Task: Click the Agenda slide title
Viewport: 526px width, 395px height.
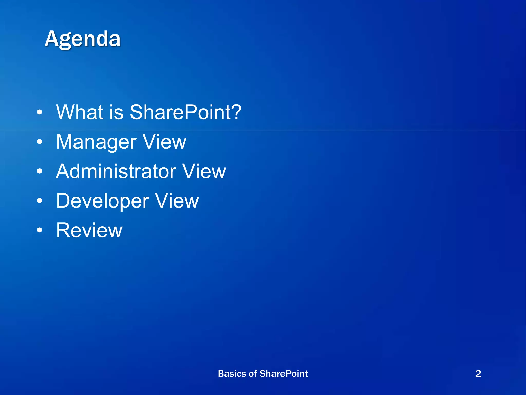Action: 83,39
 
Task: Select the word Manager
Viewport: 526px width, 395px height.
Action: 96,142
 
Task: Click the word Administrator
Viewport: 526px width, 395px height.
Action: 116,171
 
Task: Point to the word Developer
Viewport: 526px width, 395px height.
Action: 102,201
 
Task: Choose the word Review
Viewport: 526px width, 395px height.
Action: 89,230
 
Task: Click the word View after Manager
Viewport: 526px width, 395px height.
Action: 164,142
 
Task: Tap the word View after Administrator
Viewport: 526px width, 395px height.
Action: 204,171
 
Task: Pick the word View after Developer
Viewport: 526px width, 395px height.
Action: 177,201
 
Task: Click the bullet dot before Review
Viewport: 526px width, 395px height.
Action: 39,230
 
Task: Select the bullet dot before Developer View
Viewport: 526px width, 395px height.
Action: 39,201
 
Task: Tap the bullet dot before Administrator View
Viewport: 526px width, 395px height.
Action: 39,171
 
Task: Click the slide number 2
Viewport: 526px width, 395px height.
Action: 478,374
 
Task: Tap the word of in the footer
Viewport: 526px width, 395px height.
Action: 253,374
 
